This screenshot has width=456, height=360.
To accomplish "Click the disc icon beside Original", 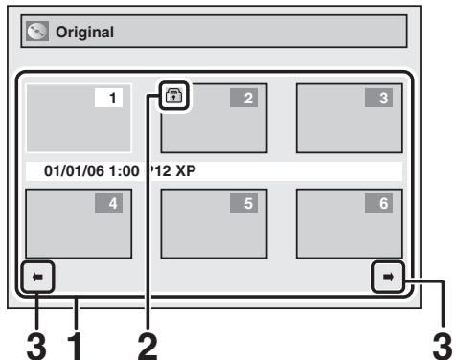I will coord(34,33).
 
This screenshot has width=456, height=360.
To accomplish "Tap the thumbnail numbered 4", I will coord(77,223).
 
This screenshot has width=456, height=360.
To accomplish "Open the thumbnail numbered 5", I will coord(213,223).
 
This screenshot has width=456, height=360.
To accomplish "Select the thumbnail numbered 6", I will coord(348,223).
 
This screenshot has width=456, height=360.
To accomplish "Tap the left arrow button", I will coord(37,276).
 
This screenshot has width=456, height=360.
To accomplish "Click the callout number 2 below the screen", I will coord(147,342).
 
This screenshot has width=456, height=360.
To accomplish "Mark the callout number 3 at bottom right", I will coord(440,342).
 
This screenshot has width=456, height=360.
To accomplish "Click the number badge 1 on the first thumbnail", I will coord(112,99).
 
